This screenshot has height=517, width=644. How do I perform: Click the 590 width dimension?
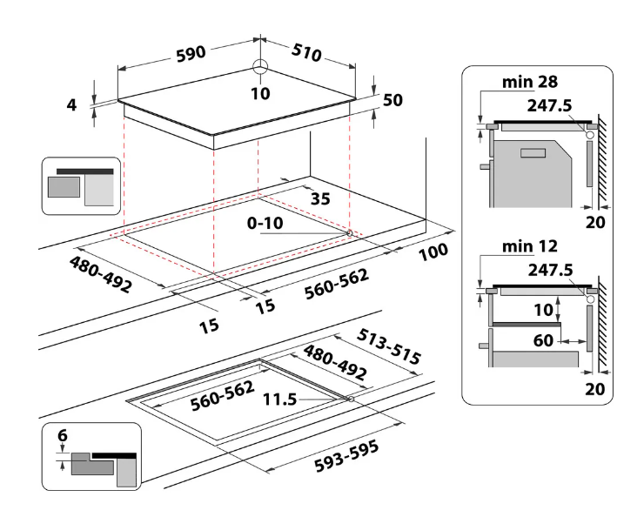coord(191,54)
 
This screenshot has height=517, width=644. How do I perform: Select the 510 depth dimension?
coord(306,52)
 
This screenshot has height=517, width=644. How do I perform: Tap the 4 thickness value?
coord(71,105)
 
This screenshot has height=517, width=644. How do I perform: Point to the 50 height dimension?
coord(392,100)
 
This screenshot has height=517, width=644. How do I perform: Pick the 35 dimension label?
coord(320,198)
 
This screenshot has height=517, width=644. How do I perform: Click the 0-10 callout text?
coord(265,223)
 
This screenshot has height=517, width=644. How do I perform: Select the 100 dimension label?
coord(433,252)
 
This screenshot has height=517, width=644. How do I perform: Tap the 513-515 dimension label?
coord(388,346)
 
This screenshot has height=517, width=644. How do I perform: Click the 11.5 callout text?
coord(279,399)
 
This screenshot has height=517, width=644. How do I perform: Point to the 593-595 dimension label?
coord(346,456)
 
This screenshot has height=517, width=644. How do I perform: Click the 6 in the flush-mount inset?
coord(63,435)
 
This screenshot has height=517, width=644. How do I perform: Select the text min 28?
coord(530,82)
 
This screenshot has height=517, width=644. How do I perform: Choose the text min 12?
coord(530,246)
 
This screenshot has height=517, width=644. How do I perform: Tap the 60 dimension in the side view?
coord(543,340)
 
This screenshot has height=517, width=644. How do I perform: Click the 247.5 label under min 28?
coord(549,105)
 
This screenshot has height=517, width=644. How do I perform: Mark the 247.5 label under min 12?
coord(550,270)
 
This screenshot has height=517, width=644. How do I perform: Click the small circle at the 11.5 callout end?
coord(351,399)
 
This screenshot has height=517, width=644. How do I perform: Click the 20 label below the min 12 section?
coord(595,388)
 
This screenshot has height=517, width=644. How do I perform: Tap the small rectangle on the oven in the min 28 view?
coord(533,153)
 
